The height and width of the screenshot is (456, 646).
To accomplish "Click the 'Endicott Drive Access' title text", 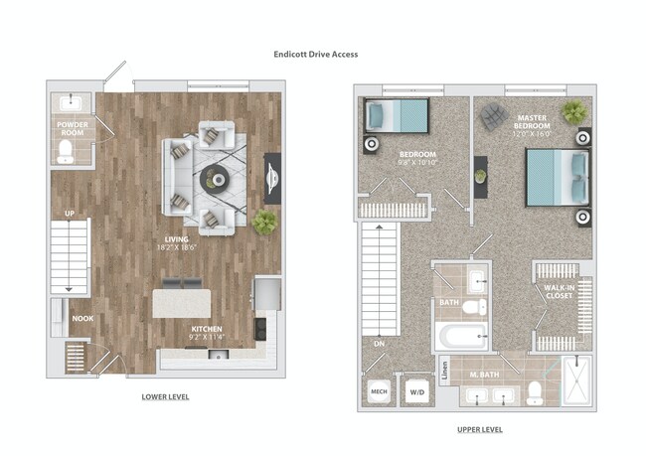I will click(316, 54).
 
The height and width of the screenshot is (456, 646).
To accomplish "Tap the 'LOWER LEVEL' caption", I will click(165, 396).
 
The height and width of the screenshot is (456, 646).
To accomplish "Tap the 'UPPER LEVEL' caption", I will click(478, 429).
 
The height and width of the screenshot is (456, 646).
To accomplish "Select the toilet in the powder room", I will click(67, 151).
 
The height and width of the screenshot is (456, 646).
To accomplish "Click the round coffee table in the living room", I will click(215, 179).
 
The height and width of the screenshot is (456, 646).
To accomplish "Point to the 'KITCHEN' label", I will click(208, 329).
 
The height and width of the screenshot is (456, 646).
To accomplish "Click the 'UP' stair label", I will click(68, 214).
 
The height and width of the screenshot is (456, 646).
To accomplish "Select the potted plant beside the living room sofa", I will click(265, 221).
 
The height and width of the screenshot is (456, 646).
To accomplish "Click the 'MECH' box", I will click(379, 389).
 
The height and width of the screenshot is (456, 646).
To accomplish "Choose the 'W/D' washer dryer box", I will click(414, 389).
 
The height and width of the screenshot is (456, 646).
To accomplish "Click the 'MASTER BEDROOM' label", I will click(532, 123).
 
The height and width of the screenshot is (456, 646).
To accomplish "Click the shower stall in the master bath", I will click(573, 380).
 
